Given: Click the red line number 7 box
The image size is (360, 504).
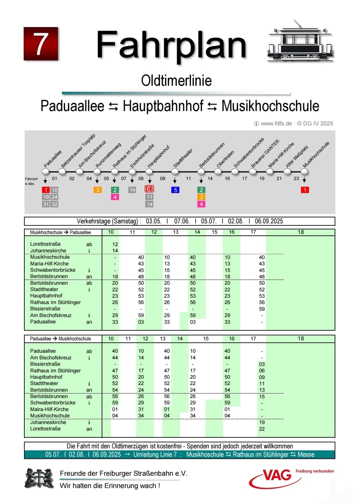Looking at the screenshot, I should pos(41,44).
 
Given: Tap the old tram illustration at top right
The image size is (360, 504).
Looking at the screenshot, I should pos(301,43).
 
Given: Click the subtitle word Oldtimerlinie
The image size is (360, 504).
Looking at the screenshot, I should pos(176,81).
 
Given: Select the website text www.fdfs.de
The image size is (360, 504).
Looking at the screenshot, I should pos(276,123).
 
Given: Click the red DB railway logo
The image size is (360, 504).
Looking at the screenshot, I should pos(149,189).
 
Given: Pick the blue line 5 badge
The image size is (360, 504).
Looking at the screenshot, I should pos(175,190).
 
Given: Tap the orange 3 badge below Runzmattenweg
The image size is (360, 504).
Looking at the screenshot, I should pos(98,190).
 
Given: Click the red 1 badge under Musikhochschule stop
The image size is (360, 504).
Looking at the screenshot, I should pos(305,190).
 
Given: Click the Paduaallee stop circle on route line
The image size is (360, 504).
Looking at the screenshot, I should pos(45,172).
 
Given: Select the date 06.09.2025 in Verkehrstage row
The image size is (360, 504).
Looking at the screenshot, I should pos(269,221).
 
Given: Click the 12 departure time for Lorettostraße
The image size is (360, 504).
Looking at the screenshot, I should pos(115,244).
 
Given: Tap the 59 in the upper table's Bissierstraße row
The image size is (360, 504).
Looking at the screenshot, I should pos(262,309).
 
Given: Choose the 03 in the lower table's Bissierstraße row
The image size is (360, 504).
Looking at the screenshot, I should pos(262,364).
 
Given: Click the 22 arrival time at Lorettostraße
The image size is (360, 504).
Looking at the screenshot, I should pos(262,429).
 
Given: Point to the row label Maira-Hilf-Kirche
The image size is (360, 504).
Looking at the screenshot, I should pos(49,409).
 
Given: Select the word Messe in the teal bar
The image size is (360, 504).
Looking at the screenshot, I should pos(306,454).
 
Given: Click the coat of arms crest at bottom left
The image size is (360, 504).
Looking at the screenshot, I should pos(39,479).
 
